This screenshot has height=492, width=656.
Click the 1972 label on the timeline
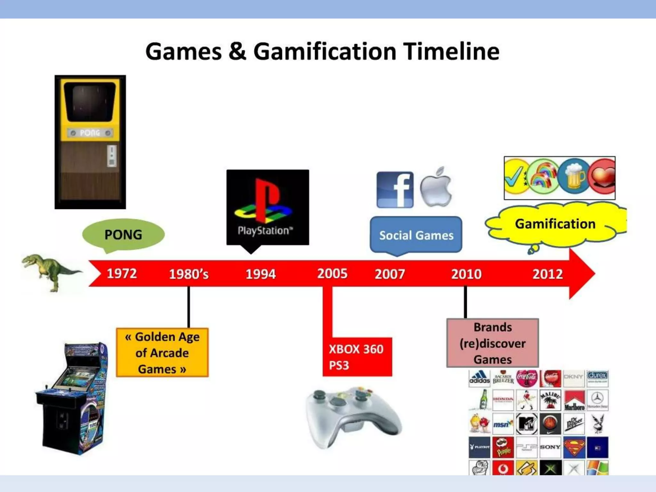click(x=122, y=274)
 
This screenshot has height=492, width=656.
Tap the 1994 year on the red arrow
click(x=260, y=274)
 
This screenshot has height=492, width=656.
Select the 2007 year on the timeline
click(x=390, y=274)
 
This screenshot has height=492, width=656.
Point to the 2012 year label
click(x=547, y=274)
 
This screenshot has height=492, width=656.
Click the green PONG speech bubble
click(x=123, y=234)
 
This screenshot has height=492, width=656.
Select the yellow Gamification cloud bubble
click(x=555, y=224)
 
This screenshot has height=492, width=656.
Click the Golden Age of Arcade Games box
click(x=162, y=353)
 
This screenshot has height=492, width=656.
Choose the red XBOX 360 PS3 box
click(x=357, y=357)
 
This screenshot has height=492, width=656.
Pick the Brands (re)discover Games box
click(x=492, y=343)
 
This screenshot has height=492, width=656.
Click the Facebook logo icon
click(x=395, y=190)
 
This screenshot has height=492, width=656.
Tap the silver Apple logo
click(x=436, y=187)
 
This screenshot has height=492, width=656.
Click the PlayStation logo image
click(x=267, y=207)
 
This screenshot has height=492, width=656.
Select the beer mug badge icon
click(x=574, y=177)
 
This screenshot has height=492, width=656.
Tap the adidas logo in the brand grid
click(x=479, y=378)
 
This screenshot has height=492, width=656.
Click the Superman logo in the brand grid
click(x=574, y=447)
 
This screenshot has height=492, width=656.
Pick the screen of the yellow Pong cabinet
click(x=90, y=102)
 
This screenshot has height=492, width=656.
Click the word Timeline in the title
click(x=451, y=52)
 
